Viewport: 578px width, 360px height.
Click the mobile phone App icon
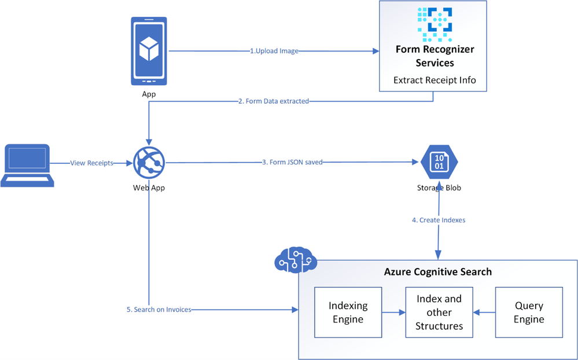149,51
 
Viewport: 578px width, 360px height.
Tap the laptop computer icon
27,166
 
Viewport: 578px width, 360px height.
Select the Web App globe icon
149,163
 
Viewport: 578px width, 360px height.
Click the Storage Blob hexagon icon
439,162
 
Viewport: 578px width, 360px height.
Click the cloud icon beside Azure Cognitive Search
294,260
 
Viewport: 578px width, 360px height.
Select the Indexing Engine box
347,312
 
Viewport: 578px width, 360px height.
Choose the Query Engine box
529,312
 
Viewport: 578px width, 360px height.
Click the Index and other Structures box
439,312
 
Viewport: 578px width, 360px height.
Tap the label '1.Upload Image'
274,51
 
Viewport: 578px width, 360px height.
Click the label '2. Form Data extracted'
274,101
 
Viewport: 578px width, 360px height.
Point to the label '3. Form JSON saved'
292,163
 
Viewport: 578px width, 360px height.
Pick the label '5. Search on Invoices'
159,310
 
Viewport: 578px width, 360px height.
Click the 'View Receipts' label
92,163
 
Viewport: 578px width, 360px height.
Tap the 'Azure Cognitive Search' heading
438,271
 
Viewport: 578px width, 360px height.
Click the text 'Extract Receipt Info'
435,80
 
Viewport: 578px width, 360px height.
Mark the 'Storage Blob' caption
439,188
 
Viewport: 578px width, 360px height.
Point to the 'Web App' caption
149,187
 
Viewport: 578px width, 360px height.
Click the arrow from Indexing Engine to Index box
393,313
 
